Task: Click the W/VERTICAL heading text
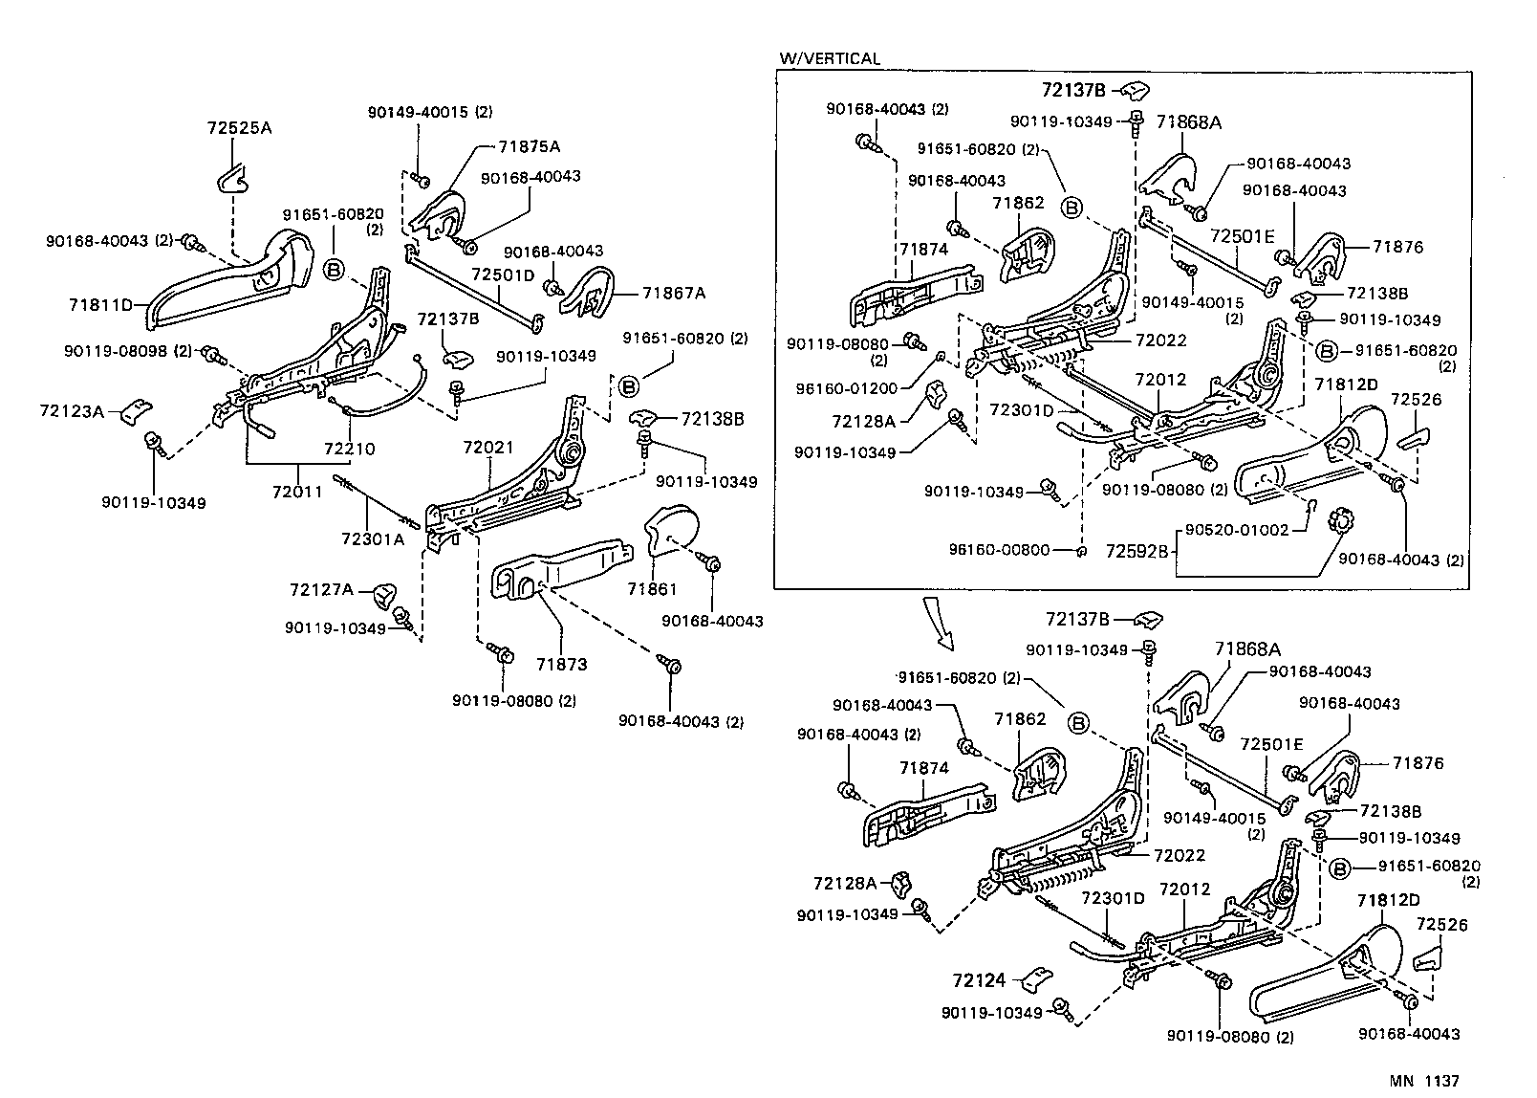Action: click(829, 58)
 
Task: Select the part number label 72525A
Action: click(239, 127)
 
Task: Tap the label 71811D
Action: click(100, 305)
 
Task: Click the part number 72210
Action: click(349, 449)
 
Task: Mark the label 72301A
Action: click(372, 539)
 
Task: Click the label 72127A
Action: click(320, 590)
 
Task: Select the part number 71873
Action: click(561, 664)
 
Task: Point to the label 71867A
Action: click(673, 294)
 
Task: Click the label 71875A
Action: click(529, 146)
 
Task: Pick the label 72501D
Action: click(503, 274)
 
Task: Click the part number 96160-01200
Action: click(846, 388)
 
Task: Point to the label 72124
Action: click(979, 979)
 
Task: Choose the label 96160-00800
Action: click(1000, 550)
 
